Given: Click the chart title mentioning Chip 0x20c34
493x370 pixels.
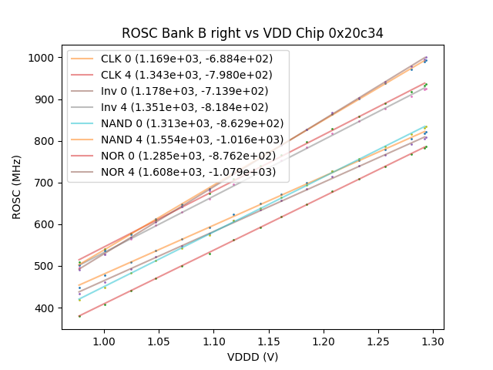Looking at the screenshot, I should click(x=253, y=33).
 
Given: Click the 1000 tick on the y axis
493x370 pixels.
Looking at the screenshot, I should click(x=41, y=58).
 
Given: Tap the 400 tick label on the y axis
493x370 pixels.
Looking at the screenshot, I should click(x=44, y=308).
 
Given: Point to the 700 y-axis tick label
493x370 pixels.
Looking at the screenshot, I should click(x=44, y=183).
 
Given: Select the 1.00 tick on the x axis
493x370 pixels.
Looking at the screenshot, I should click(x=103, y=340).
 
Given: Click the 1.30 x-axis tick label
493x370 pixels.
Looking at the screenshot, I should click(x=434, y=340).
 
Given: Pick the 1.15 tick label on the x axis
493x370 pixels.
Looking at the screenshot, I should click(x=268, y=340).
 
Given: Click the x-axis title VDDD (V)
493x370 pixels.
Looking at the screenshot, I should click(x=253, y=357).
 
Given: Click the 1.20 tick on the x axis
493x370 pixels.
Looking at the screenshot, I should click(x=324, y=340).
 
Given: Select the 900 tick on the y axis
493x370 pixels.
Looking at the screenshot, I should click(x=44, y=99).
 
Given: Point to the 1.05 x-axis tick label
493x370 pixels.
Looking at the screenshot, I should click(x=158, y=340).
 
